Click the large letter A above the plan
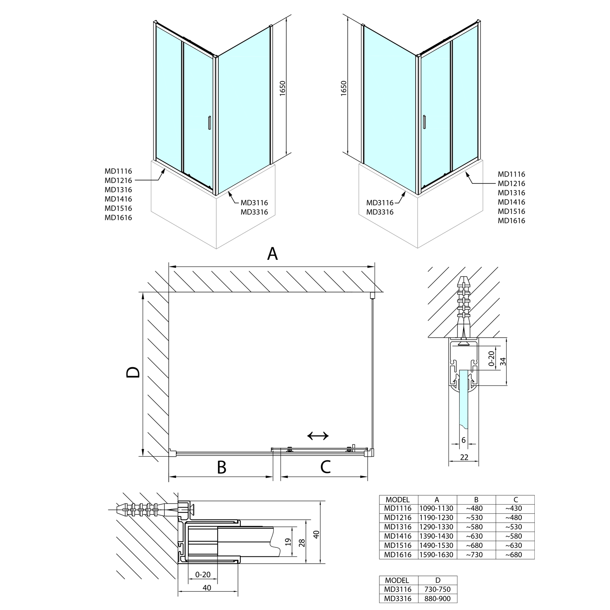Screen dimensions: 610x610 tap(272, 254)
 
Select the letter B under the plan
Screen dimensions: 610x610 tap(222, 468)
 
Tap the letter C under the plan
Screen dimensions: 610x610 tap(325, 468)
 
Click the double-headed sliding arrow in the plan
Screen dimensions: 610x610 tap(318, 436)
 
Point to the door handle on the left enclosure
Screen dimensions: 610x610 tap(209, 122)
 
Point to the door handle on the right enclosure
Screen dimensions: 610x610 tap(424, 122)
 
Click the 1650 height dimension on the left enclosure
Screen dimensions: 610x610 tap(283, 88)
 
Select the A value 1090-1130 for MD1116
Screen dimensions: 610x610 tap(437, 508)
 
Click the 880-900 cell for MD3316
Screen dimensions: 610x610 tap(438, 599)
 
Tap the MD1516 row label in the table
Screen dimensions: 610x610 tap(398, 545)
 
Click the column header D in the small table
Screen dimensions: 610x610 tap(438, 580)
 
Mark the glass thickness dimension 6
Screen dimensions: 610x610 tap(464, 440)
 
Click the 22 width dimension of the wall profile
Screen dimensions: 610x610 tap(464, 457)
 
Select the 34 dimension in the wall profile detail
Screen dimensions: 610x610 tap(503, 361)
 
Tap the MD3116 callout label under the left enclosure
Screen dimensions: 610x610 tap(254, 203)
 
